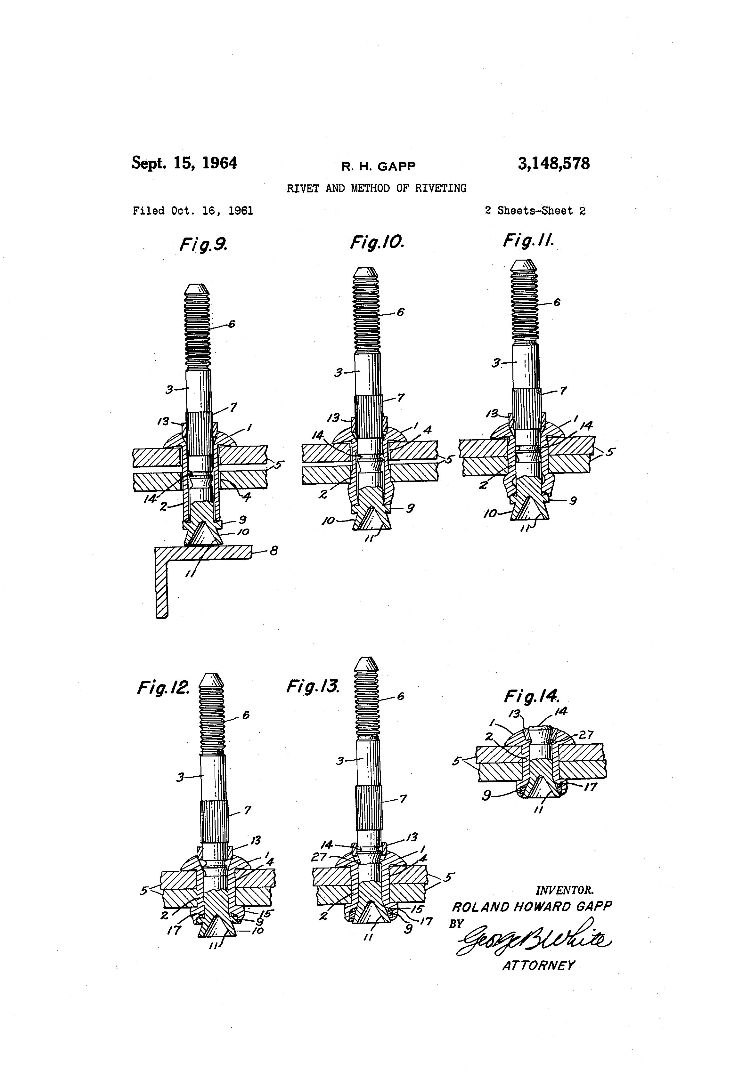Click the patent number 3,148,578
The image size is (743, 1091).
click(x=553, y=164)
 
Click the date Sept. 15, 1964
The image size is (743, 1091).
click(x=184, y=163)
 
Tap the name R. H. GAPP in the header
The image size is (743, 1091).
click(x=378, y=166)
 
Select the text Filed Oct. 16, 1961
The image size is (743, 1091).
click(x=192, y=211)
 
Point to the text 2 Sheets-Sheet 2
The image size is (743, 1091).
click(x=535, y=211)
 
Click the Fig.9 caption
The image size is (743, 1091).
click(x=203, y=245)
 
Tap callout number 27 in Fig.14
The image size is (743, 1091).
click(x=586, y=735)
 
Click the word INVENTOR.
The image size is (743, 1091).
click(x=565, y=890)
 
